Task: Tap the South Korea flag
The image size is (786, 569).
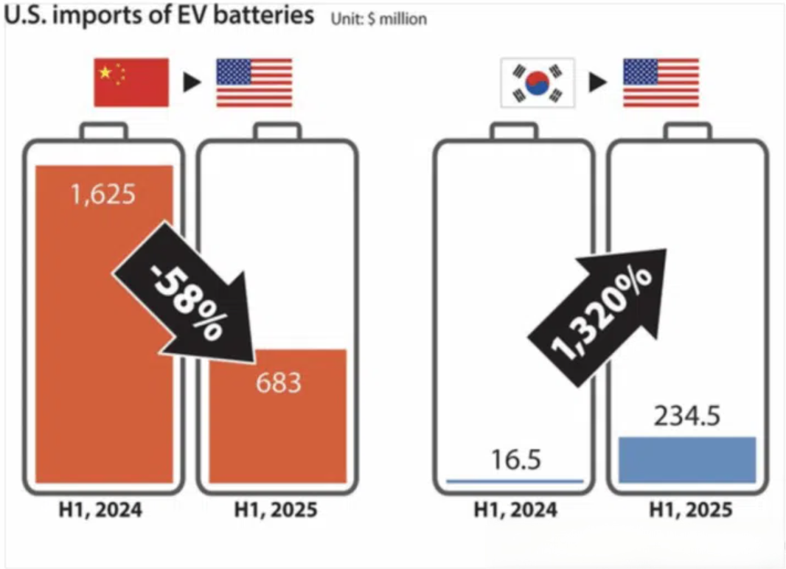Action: pos(538,83)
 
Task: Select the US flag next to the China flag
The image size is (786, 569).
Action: pos(254,83)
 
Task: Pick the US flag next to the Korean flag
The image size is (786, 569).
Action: pos(661,83)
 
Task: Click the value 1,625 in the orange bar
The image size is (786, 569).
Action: pos(103,195)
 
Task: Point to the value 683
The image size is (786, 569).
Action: pos(278,383)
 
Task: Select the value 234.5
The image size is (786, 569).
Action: pos(686,416)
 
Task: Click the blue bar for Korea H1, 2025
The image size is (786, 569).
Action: pos(687,460)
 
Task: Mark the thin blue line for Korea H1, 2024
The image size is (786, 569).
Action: pos(515,481)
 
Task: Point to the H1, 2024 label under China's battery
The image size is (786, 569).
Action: pos(103,510)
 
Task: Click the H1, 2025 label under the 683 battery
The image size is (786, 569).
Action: pos(276,510)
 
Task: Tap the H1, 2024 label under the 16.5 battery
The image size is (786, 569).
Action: pos(515,510)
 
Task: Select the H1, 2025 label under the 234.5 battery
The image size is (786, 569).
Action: pos(687,510)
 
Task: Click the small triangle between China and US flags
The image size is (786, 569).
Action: pos(192,83)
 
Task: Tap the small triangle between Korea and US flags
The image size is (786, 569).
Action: pos(598,83)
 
